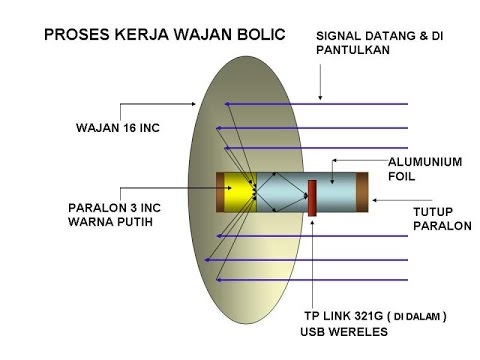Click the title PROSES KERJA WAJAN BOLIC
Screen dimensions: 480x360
coord(165,35)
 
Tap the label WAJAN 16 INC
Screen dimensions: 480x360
coord(118,128)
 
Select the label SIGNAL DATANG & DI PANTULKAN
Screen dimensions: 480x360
coord(380,43)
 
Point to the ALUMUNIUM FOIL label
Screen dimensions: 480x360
coord(425,169)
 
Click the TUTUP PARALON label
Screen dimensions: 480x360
coord(442,219)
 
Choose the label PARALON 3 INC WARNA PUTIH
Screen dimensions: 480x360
coord(114,215)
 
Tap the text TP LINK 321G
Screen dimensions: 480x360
coord(344,316)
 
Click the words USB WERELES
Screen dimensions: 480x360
coord(344,332)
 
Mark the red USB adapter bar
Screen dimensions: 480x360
coord(312,198)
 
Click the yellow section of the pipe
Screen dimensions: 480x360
coord(239,192)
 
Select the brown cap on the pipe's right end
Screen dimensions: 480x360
coord(362,192)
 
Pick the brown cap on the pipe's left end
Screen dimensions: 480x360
coord(220,192)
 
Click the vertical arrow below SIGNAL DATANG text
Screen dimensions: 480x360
coord(320,82)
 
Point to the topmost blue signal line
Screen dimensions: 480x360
coord(316,104)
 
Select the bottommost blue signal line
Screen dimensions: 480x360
coord(312,280)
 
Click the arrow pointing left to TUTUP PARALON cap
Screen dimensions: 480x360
coord(402,200)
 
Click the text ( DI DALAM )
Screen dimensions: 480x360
coord(416,316)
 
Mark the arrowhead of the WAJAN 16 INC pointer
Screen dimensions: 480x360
coord(194,104)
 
